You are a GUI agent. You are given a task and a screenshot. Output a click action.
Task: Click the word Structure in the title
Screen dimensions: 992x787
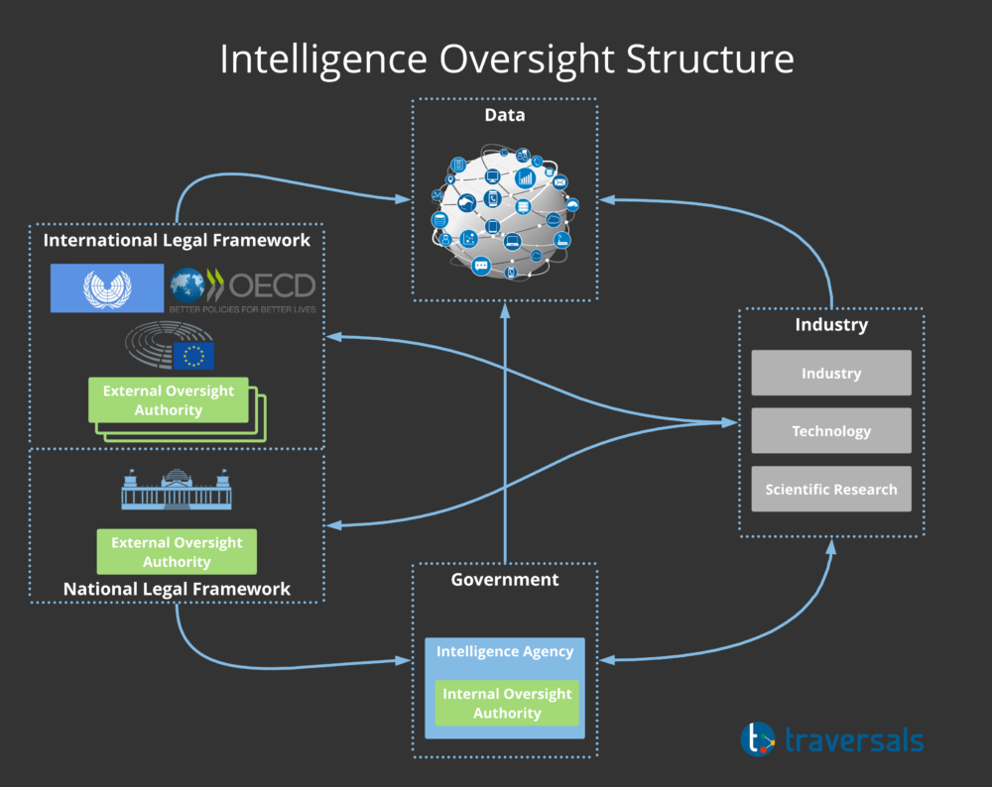click(x=710, y=59)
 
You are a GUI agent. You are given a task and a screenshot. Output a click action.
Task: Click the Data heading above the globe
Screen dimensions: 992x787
click(x=505, y=115)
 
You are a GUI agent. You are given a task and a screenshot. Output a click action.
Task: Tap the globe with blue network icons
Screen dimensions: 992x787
click(x=505, y=212)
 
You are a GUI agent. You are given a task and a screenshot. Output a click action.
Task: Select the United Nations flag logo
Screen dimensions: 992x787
click(x=107, y=288)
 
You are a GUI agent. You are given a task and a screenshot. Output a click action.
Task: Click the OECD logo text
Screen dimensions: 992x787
click(x=272, y=286)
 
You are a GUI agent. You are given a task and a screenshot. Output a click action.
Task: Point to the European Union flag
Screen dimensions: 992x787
click(x=193, y=356)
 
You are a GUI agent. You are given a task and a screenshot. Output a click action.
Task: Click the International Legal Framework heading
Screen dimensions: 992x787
click(x=177, y=240)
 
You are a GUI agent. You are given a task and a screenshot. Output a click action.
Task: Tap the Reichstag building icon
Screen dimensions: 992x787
click(x=177, y=490)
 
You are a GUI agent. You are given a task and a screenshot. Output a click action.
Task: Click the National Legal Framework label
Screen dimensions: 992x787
click(x=177, y=589)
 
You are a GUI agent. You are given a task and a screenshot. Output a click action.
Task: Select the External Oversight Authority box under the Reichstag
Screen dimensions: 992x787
click(x=177, y=552)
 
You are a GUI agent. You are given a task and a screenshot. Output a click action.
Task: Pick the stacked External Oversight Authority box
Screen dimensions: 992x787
click(x=169, y=400)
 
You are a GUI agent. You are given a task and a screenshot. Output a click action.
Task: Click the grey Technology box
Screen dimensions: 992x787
click(x=831, y=430)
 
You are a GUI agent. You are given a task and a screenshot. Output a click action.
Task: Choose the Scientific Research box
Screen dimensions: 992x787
click(x=831, y=489)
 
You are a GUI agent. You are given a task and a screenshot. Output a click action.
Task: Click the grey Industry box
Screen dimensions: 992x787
click(x=831, y=373)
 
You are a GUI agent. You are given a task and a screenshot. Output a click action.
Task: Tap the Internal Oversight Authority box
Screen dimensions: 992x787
click(x=507, y=703)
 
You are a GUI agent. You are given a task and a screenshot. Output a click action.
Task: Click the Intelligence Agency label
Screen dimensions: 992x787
click(x=505, y=652)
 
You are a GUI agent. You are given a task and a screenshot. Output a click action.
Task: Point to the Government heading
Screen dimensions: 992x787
click(x=505, y=580)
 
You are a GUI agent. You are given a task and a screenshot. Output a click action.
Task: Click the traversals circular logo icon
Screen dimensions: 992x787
click(x=758, y=739)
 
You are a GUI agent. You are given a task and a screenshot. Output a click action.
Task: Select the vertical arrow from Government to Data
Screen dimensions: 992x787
click(x=505, y=433)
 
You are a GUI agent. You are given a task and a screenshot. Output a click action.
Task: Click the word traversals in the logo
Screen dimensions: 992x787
click(x=854, y=740)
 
